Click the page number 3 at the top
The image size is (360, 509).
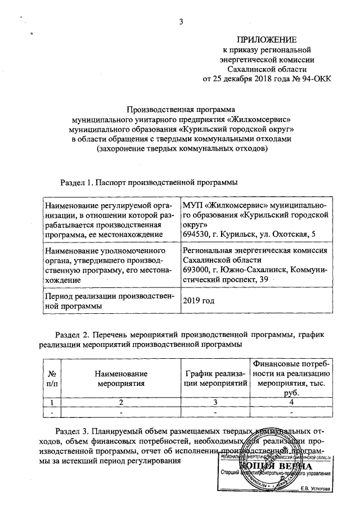(181, 22)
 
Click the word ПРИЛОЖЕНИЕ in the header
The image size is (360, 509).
(266, 40)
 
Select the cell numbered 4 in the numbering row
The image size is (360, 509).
(290, 402)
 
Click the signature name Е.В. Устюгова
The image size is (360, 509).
(316, 489)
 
